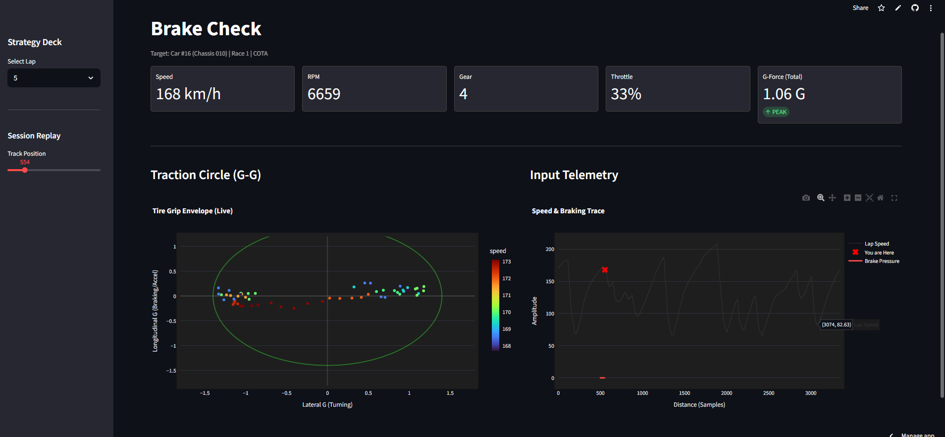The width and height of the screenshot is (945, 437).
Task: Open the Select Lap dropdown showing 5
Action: (x=53, y=78)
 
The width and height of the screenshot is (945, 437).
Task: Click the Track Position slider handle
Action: (x=25, y=170)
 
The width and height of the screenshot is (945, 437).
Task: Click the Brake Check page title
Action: (x=206, y=29)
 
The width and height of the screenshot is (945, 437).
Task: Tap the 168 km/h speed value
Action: (x=188, y=94)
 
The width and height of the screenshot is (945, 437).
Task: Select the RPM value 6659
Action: (x=324, y=94)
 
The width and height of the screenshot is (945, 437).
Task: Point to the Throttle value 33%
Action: (x=626, y=94)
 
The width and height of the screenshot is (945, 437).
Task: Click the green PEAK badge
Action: (x=776, y=112)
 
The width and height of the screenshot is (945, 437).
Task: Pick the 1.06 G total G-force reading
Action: (x=784, y=94)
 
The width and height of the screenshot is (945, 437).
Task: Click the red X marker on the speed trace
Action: (x=605, y=270)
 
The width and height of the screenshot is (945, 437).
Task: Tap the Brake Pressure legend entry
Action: (x=882, y=261)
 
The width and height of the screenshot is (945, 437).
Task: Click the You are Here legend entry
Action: (x=879, y=252)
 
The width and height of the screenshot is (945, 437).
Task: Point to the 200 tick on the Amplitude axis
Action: (x=550, y=249)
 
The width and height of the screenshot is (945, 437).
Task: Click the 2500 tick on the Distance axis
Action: (x=769, y=393)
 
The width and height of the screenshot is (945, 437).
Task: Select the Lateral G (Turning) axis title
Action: (x=327, y=405)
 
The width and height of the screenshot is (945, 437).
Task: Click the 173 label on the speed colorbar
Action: (x=506, y=261)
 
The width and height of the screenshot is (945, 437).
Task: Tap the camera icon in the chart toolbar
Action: (x=806, y=198)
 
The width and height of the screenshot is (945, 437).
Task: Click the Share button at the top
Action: (x=860, y=8)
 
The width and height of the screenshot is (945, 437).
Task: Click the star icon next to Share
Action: (x=881, y=8)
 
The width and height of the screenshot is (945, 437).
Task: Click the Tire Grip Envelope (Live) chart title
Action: (x=192, y=211)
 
